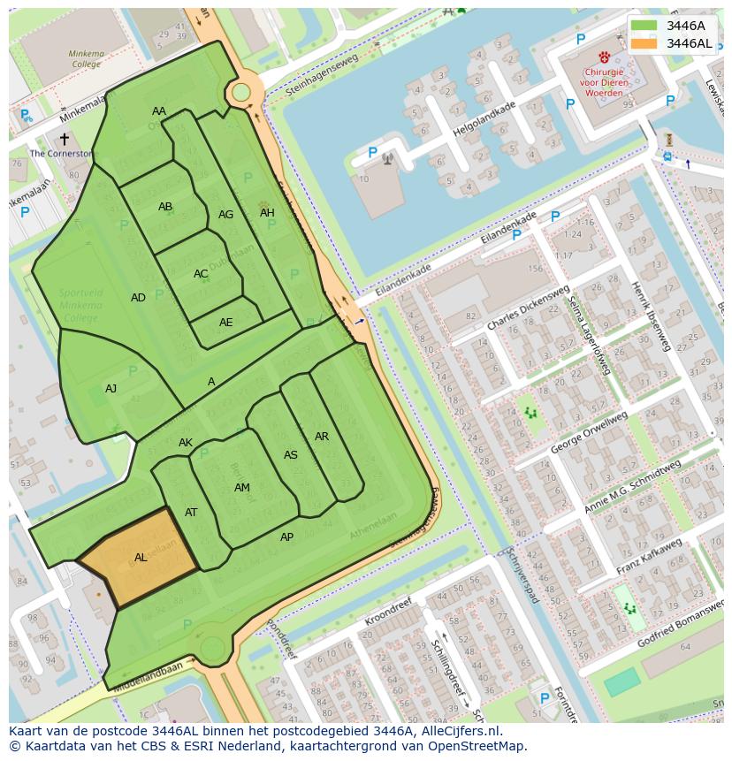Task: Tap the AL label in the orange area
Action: point(141,558)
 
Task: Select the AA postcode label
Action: point(159,111)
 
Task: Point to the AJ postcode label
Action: point(111,389)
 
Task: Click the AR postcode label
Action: point(322,437)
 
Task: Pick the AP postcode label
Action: point(286,537)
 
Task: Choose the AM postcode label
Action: point(242,488)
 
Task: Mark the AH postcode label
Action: point(267,213)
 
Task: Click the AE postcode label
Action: point(226,323)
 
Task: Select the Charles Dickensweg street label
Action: point(529,308)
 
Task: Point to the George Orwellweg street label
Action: point(589,432)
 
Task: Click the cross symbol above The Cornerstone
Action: point(64,139)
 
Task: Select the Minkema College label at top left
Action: point(86,59)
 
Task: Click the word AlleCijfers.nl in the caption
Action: point(459,731)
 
